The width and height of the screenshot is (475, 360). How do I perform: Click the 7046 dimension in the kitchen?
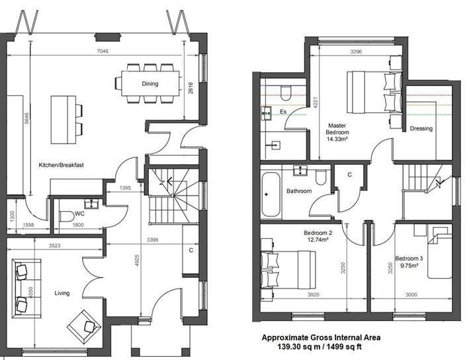click(103, 51)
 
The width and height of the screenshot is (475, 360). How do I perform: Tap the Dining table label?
click(150, 83)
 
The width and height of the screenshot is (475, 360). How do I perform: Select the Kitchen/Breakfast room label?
click(61, 165)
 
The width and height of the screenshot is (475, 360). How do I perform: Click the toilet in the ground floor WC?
click(67, 216)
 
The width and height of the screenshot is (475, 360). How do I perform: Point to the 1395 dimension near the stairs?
click(125, 188)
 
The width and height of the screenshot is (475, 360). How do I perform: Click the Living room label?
click(62, 293)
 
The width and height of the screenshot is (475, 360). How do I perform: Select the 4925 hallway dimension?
click(137, 260)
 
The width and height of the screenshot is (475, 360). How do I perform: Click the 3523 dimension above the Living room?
click(54, 246)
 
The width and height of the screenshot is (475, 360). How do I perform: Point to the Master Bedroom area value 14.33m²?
click(337, 139)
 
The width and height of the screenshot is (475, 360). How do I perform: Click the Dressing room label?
click(421, 128)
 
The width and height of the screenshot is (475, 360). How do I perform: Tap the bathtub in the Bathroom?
click(271, 195)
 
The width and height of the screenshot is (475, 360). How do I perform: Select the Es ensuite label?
click(283, 112)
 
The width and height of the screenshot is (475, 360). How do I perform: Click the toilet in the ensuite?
click(286, 93)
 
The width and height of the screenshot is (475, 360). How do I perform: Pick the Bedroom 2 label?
click(318, 233)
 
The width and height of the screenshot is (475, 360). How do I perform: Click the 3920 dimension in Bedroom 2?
click(313, 294)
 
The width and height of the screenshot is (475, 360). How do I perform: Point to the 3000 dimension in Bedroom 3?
click(411, 294)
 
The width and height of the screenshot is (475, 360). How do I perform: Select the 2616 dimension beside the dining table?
click(191, 88)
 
